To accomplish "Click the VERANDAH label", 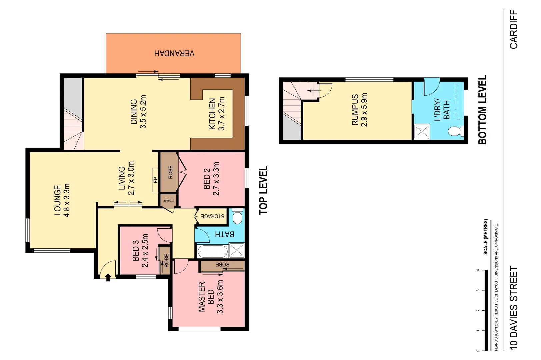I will [174, 53].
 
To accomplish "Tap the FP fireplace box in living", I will [155, 180].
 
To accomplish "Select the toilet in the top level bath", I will [237, 217].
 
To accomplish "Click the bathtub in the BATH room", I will [213, 251].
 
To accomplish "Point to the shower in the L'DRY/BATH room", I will [422, 132].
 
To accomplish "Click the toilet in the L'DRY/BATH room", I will [455, 131].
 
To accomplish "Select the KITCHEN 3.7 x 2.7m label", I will [217, 114].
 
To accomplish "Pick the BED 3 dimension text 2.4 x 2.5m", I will [145, 250].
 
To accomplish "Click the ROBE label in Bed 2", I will [170, 172].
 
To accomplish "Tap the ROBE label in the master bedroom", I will [222, 265].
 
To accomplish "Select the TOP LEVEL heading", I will [263, 190].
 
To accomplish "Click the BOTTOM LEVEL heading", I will [482, 110].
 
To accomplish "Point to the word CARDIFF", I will [514, 29].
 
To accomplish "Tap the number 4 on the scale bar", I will [478, 270].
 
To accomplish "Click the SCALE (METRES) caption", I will [485, 237].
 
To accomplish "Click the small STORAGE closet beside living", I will [168, 201].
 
